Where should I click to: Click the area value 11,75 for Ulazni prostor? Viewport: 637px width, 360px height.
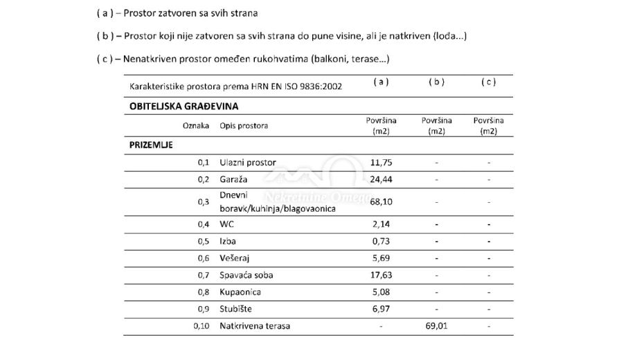pos(381,163)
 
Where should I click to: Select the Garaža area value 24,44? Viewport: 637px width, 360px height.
pos(381,179)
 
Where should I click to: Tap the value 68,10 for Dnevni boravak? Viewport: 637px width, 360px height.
pos(381,201)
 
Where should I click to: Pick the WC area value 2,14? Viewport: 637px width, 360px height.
pos(381,224)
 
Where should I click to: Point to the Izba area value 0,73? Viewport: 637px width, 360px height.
pos(381,241)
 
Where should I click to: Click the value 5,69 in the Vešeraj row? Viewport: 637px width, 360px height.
pos(381,258)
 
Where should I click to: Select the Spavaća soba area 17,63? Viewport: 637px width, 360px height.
pos(381,275)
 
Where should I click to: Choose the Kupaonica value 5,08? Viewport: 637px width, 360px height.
pos(381,292)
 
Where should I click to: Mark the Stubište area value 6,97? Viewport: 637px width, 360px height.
pos(381,309)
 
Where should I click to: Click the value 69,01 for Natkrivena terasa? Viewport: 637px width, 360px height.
pos(436,326)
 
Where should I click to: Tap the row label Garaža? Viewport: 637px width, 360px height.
pos(233,179)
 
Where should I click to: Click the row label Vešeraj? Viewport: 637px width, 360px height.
pos(234,258)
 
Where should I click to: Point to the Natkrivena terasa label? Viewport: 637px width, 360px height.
pos(255,326)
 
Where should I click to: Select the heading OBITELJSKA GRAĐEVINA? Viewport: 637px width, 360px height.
pos(183,107)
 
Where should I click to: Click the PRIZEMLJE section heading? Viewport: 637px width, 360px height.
pos(151,145)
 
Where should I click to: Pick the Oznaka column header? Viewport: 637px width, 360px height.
pos(195,126)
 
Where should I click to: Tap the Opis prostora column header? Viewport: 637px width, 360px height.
pos(244,126)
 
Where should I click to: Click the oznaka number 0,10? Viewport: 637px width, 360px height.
pos(201,326)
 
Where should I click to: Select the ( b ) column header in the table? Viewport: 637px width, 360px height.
pos(436,82)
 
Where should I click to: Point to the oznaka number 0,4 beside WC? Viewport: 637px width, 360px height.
pos(204,224)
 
